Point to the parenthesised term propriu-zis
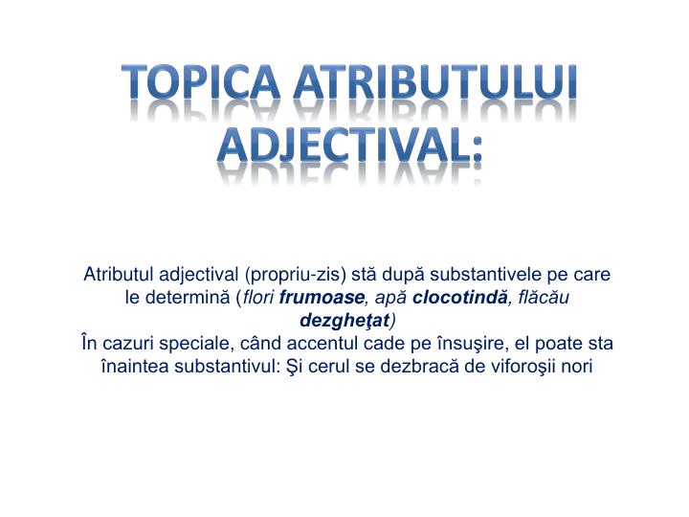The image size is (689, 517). (296, 275)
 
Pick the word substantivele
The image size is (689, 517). (494, 275)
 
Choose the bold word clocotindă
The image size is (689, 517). (461, 297)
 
